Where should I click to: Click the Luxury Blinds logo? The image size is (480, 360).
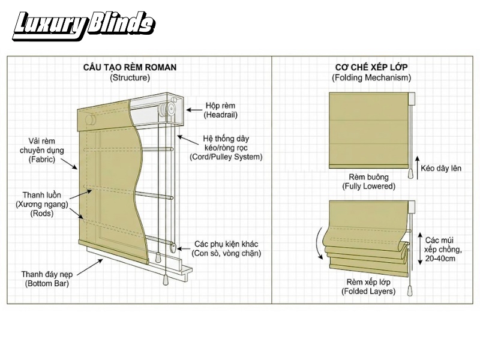[83, 26]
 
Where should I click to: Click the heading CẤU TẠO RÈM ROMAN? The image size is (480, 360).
[130, 67]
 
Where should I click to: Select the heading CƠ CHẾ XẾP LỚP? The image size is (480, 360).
[371, 67]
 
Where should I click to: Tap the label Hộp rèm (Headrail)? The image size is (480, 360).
[220, 110]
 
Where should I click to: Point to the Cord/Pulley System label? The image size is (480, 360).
[226, 148]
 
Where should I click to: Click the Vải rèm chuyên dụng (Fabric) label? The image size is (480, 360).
[41, 151]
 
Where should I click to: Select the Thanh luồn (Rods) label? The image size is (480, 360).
[42, 204]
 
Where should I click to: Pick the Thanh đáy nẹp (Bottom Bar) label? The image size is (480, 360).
[47, 278]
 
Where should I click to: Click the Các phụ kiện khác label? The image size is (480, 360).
[226, 248]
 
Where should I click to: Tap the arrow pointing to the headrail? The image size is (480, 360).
[194, 110]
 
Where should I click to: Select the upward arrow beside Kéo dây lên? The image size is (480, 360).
[417, 167]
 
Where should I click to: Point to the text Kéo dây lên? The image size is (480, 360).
[441, 168]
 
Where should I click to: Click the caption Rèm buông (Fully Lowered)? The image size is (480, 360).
[368, 182]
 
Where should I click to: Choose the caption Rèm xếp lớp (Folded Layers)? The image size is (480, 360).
[368, 287]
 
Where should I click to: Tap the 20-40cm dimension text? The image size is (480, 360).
[440, 259]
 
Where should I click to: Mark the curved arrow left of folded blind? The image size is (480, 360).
[319, 243]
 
